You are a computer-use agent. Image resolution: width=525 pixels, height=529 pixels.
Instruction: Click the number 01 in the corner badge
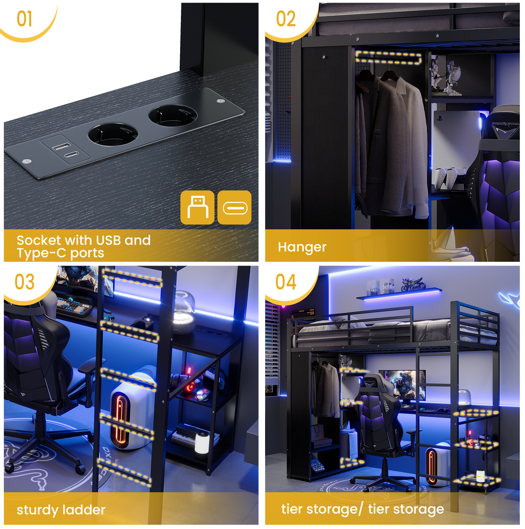(x=24, y=19)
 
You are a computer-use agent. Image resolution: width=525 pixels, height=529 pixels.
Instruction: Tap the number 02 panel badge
(x=286, y=19)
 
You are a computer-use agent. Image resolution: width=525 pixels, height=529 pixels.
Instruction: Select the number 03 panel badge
(x=25, y=282)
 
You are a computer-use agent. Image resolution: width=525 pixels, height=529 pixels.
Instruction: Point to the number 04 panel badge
(x=286, y=282)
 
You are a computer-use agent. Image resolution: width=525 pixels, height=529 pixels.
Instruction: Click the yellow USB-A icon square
(x=197, y=207)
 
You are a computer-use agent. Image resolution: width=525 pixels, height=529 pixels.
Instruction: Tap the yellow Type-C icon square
(x=234, y=207)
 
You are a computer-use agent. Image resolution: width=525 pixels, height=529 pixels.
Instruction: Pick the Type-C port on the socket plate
(x=72, y=154)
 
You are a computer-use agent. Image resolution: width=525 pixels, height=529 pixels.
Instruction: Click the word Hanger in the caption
(x=302, y=247)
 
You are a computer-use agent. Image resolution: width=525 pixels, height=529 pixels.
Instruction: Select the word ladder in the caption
(x=84, y=510)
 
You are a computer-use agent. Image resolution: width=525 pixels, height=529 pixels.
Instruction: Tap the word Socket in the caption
(x=39, y=241)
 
